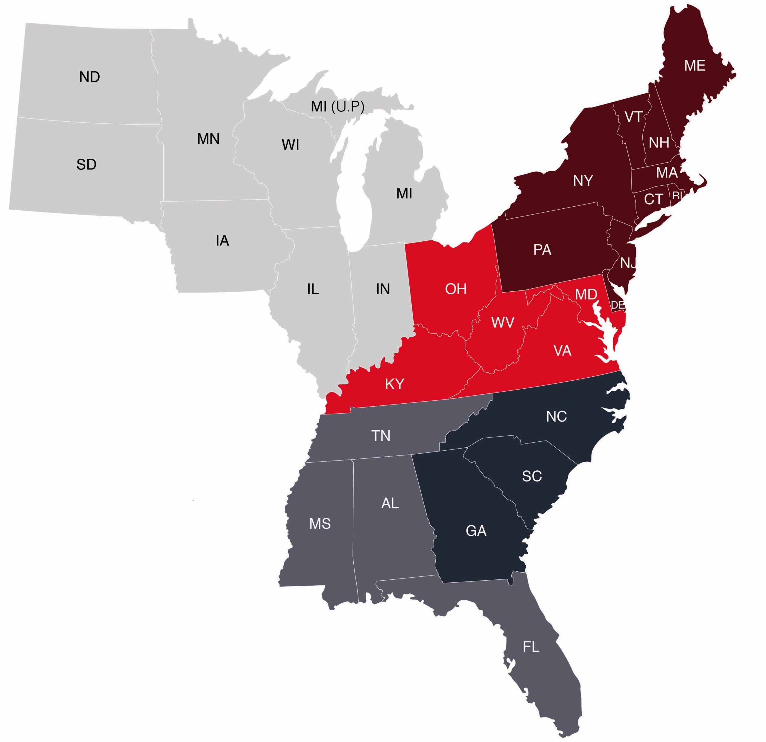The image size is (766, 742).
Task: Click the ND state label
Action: [89, 77]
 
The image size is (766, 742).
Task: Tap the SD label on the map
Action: [86, 165]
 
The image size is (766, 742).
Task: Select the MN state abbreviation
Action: [208, 139]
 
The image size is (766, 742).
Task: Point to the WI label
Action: [290, 145]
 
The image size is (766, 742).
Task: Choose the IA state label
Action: [222, 240]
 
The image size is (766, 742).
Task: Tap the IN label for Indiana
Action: [383, 289]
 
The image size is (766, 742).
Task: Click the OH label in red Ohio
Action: [456, 289]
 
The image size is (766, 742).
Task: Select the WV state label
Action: [503, 323]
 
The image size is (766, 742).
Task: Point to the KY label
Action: [395, 384]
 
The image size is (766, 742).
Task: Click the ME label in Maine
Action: [695, 66]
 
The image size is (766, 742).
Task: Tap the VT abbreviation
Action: [633, 116]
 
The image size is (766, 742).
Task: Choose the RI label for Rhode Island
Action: [677, 196]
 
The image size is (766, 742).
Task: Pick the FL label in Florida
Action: [531, 647]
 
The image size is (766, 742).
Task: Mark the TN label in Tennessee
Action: [381, 436]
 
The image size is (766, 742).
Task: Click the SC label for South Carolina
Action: [532, 476]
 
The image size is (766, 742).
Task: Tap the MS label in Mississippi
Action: [320, 524]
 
